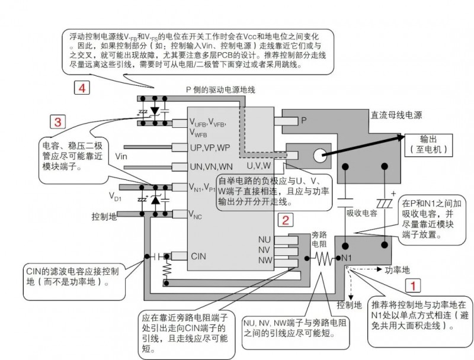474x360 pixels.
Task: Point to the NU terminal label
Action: pos(265,239)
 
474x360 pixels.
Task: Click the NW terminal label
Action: pos(265,259)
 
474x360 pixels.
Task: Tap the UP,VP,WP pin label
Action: pos(209,147)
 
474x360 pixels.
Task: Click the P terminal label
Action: pos(304,120)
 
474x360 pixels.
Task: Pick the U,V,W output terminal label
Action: pos(258,165)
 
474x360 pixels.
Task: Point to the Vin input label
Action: pos(121,156)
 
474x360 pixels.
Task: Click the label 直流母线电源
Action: pos(396,115)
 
